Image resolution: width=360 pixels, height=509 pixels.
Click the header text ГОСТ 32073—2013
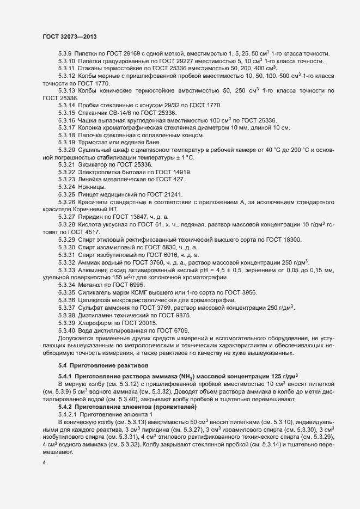[69, 36]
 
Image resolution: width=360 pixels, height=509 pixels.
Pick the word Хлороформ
[95, 322]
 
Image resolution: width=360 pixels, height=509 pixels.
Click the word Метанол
[90, 285]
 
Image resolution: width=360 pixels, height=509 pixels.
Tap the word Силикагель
[96, 292]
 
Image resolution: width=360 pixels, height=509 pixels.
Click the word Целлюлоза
[96, 300]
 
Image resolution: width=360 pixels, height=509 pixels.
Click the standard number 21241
[180, 194]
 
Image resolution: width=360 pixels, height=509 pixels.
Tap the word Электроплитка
[100, 171]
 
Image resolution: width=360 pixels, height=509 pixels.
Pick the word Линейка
[91, 179]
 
